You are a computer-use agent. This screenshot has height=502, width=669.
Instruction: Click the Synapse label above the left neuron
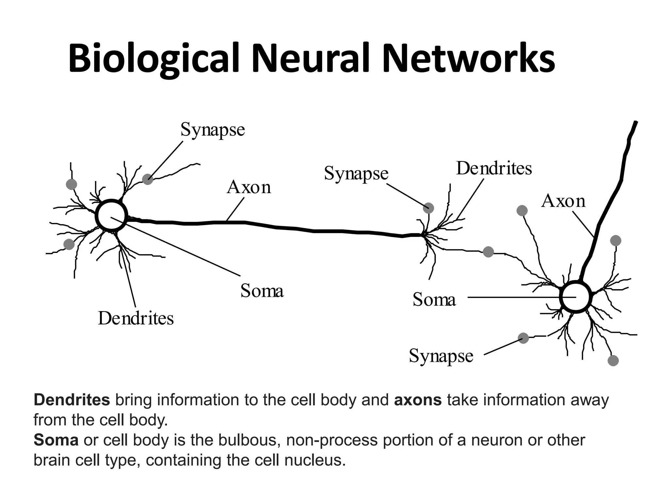point(213,130)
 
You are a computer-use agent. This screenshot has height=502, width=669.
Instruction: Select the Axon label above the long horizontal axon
point(249,188)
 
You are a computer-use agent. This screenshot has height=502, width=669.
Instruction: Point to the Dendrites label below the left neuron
point(136,318)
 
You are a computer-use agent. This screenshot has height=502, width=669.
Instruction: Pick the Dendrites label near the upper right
point(494,169)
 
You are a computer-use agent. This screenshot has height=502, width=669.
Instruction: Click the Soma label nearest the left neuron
point(262,291)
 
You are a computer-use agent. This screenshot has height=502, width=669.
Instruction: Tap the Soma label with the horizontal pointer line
point(434,299)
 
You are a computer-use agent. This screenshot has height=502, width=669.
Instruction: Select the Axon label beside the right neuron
point(563,201)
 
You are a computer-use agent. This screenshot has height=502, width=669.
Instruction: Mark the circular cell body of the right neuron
point(576,297)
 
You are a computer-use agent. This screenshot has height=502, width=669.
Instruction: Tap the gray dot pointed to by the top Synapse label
point(148,179)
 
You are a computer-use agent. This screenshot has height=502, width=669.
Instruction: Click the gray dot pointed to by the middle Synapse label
point(428,208)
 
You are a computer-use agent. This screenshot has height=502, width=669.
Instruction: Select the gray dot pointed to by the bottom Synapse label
point(523,338)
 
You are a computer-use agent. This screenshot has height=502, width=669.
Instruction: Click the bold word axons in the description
point(418,400)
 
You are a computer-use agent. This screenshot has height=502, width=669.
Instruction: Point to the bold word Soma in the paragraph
point(56,440)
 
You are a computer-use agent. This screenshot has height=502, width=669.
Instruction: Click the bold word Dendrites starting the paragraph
point(72,400)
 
